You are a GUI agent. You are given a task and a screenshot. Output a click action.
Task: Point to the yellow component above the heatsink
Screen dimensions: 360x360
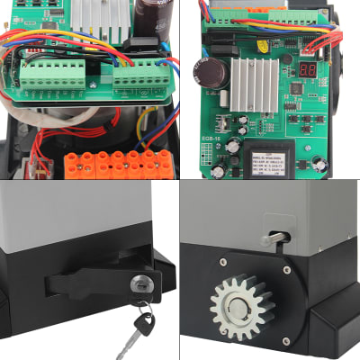tap(262, 45)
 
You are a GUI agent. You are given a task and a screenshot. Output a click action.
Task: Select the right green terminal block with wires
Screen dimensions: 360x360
tap(139, 76)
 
